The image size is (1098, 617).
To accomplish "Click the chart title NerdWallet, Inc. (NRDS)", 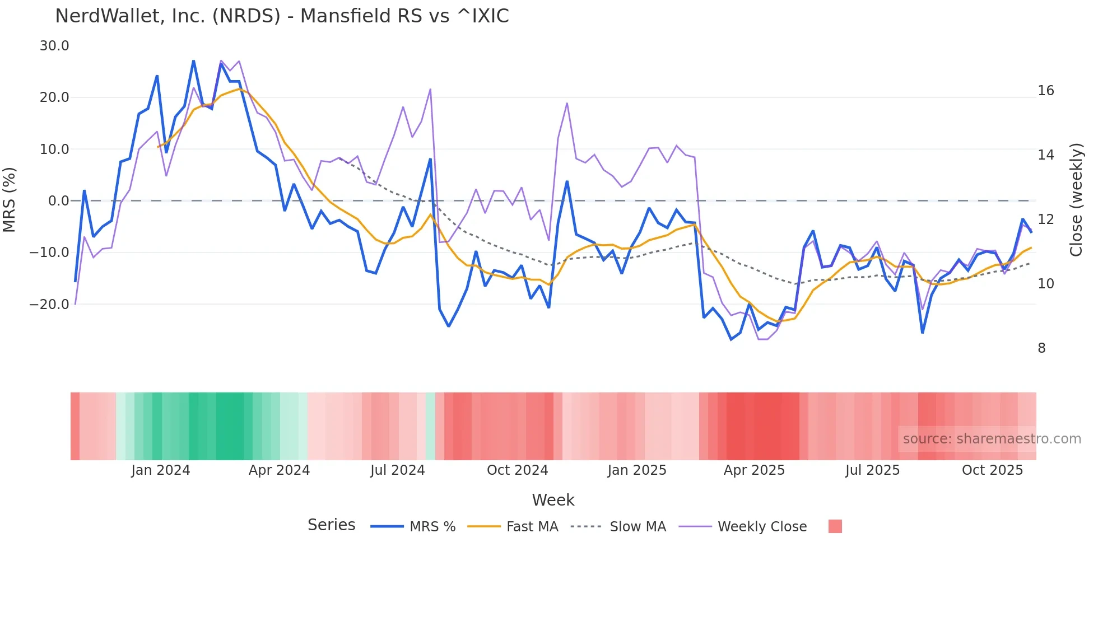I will pos(282,16).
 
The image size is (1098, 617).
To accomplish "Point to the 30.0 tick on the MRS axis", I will pos(54,46).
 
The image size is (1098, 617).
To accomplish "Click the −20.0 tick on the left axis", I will pos(49,305).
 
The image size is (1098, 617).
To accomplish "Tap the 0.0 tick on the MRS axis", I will pos(59,201).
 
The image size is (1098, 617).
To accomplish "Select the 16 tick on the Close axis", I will pos(1045,91).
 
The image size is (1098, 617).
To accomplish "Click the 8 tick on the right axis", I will pos(1041,348).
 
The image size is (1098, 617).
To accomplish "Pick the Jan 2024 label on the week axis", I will pos(161,470).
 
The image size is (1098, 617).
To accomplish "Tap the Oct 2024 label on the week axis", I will pos(517,470).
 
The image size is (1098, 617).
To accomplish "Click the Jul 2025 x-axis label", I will pos(872,470).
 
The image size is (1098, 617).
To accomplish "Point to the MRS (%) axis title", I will pos(10,199).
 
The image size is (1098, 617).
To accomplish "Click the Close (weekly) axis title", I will pos(1076,199).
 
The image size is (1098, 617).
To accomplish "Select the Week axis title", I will pos(553,500).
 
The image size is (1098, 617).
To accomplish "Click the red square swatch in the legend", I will pos(835,526).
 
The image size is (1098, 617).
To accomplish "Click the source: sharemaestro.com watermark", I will pos(992,439).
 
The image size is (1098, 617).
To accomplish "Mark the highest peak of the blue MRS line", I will pos(193,61).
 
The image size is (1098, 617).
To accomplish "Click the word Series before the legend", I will pos(331,525).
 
